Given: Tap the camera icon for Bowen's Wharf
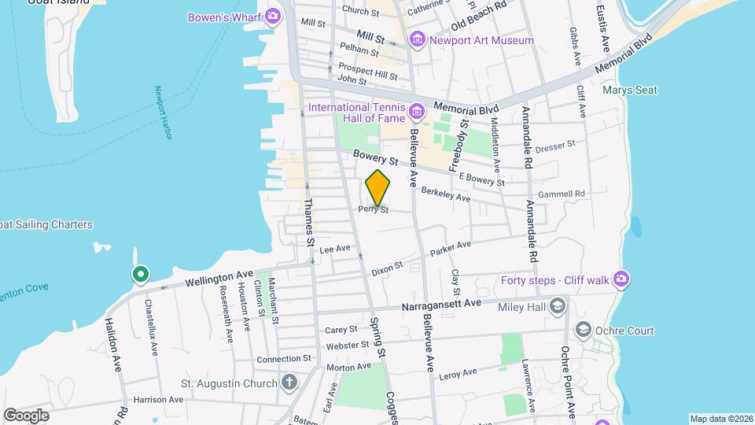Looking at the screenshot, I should click(x=273, y=17).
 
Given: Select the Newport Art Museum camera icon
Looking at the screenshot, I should click(x=417, y=39).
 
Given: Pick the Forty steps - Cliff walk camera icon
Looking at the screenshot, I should click(x=621, y=279).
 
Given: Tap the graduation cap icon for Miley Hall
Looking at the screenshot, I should click(x=558, y=305).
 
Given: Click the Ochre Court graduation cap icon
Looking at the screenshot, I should click(x=584, y=331).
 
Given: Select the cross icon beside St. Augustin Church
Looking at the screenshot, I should click(x=289, y=383).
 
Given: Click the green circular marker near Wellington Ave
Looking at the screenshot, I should click(x=140, y=274).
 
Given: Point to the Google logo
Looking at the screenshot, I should click(x=26, y=415).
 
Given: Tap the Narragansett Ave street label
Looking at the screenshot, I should click(x=440, y=304).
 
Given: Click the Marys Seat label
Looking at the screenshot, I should click(x=629, y=91).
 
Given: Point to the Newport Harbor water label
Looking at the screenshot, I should click(x=163, y=113).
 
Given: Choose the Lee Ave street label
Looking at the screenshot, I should click(x=334, y=249).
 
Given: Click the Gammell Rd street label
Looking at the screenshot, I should click(x=562, y=194).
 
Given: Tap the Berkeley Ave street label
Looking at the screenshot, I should click(x=445, y=194).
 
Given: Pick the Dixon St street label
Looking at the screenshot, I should click(x=387, y=267).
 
